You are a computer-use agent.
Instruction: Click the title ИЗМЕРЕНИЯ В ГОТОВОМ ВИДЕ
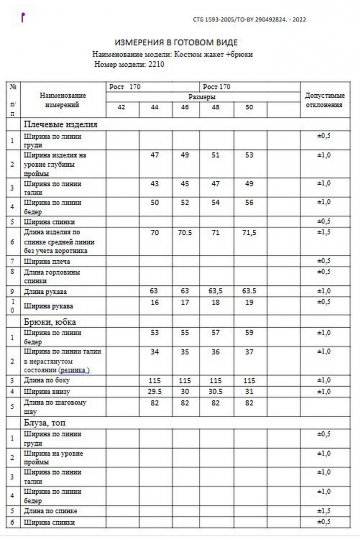coord(176,42)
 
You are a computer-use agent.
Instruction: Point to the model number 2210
coord(155,65)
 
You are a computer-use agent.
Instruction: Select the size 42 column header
coord(121,107)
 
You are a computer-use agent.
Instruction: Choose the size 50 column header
coord(249,107)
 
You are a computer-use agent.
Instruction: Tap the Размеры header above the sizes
coord(202,97)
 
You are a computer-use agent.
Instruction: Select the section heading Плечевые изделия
coord(61,124)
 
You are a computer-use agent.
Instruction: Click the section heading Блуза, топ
coord(45,423)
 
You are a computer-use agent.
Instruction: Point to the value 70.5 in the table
coord(185,233)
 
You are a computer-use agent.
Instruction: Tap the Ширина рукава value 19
coord(249,302)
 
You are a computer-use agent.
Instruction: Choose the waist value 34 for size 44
coord(155,352)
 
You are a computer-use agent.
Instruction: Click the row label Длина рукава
coord(45,292)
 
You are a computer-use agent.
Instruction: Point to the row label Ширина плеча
coord(47,262)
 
